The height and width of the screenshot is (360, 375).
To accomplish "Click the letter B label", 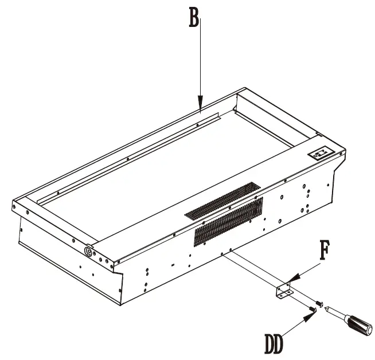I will [194, 18].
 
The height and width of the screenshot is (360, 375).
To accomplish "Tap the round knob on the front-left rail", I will [89, 251].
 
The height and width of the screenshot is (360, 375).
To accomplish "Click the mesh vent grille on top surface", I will [222, 201].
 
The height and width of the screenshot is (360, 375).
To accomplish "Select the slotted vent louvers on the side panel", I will [228, 220].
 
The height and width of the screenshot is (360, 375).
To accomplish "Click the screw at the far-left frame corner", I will [15, 205].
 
